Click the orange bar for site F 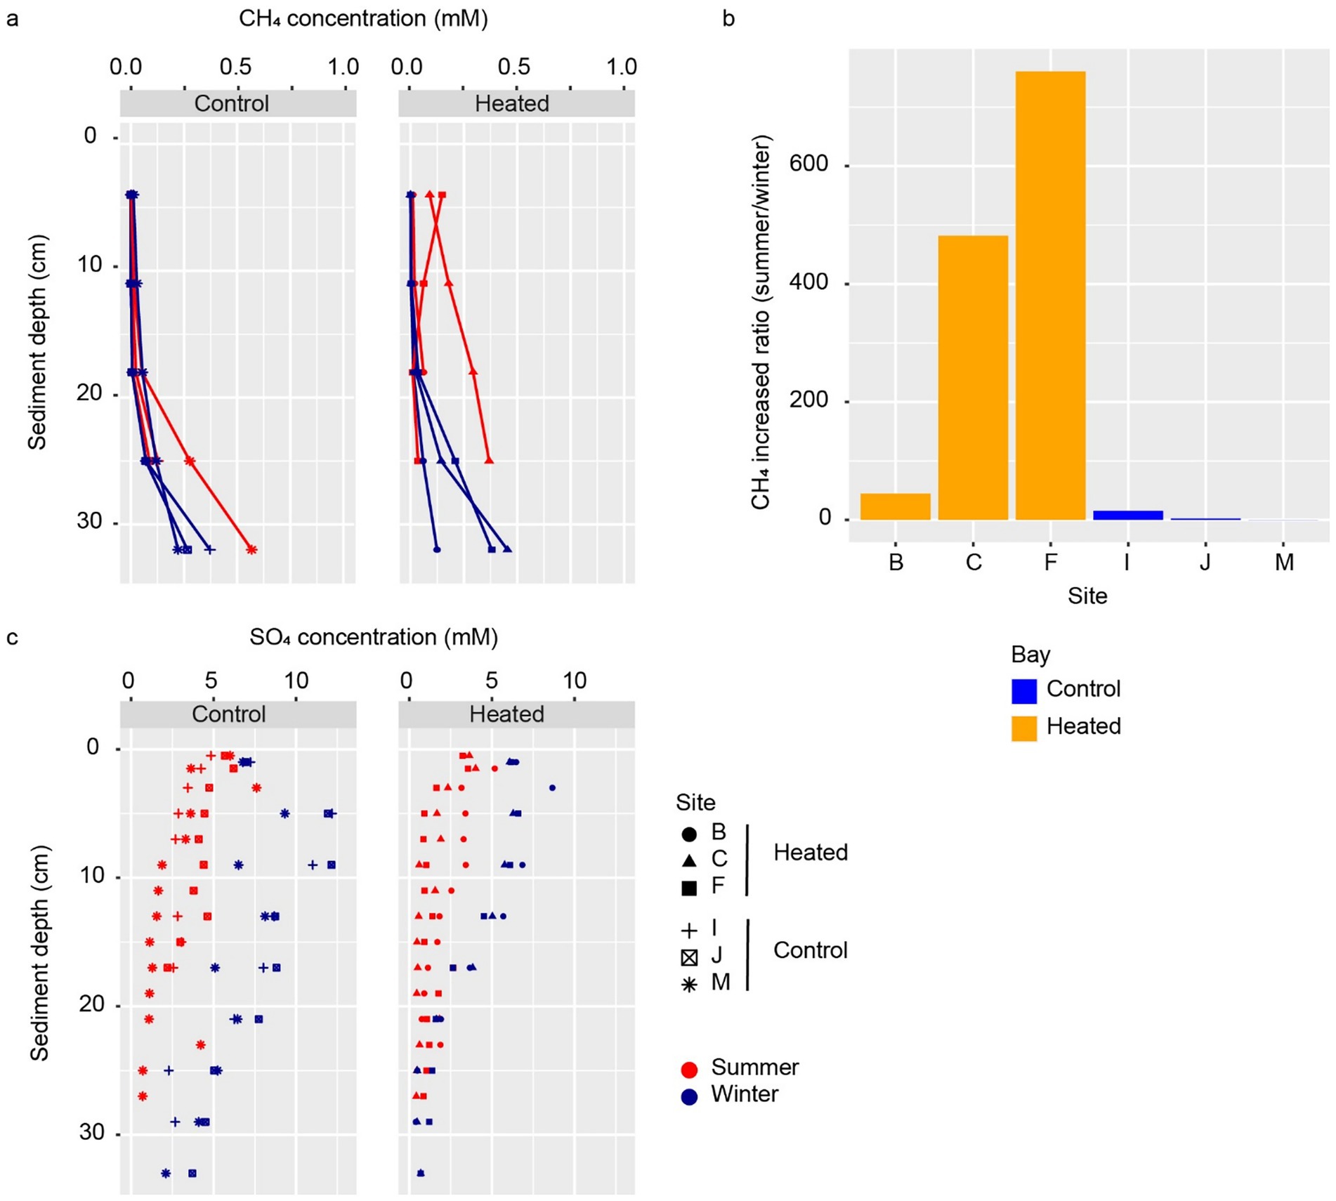[1050, 295]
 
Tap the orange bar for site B [895, 506]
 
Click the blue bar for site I [1127, 515]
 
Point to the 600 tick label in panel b [808, 164]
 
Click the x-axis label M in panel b [1284, 563]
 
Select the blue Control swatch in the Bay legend [1024, 690]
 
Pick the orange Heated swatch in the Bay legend [1024, 728]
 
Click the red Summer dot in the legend [689, 1070]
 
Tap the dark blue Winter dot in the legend [689, 1096]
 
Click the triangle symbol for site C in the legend [689, 860]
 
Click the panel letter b [728, 19]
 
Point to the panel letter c [12, 638]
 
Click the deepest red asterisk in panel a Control [251, 549]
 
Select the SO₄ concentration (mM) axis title [374, 637]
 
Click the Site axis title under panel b [1087, 596]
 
